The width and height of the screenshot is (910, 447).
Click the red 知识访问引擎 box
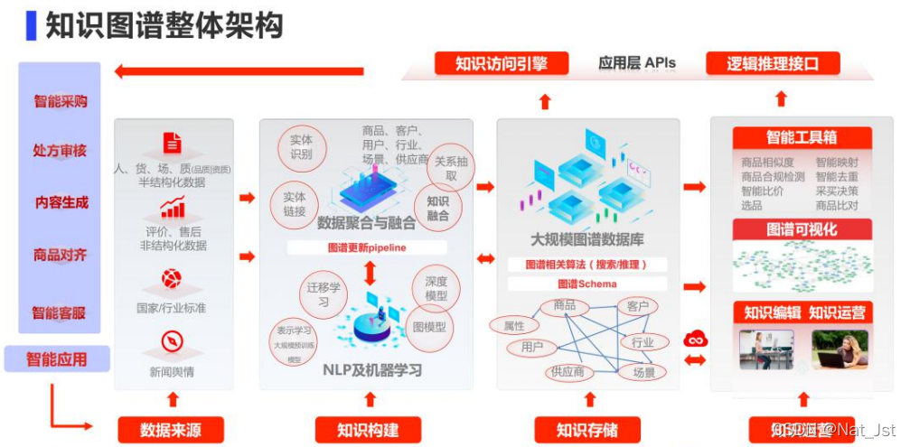point(502,63)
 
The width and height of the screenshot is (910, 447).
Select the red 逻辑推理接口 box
point(773,63)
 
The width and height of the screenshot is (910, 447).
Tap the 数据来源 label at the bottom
point(170,430)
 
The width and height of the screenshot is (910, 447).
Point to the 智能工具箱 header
point(802,137)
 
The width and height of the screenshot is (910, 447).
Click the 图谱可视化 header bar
point(802,229)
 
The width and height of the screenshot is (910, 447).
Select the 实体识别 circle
point(301,147)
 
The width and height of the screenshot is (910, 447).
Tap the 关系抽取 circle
point(451,168)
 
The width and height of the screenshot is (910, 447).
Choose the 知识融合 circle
point(437,209)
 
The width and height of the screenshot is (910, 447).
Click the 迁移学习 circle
point(324,294)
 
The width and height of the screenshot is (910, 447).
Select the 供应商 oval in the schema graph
point(567,371)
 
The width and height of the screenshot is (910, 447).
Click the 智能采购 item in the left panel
point(61,101)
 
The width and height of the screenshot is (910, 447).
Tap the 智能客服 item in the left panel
point(60,312)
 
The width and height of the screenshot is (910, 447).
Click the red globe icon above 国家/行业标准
point(172,278)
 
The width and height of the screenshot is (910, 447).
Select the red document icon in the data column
point(172,143)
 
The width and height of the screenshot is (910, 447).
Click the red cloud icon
point(696,339)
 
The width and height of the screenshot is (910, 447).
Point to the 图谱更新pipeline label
point(367,247)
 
